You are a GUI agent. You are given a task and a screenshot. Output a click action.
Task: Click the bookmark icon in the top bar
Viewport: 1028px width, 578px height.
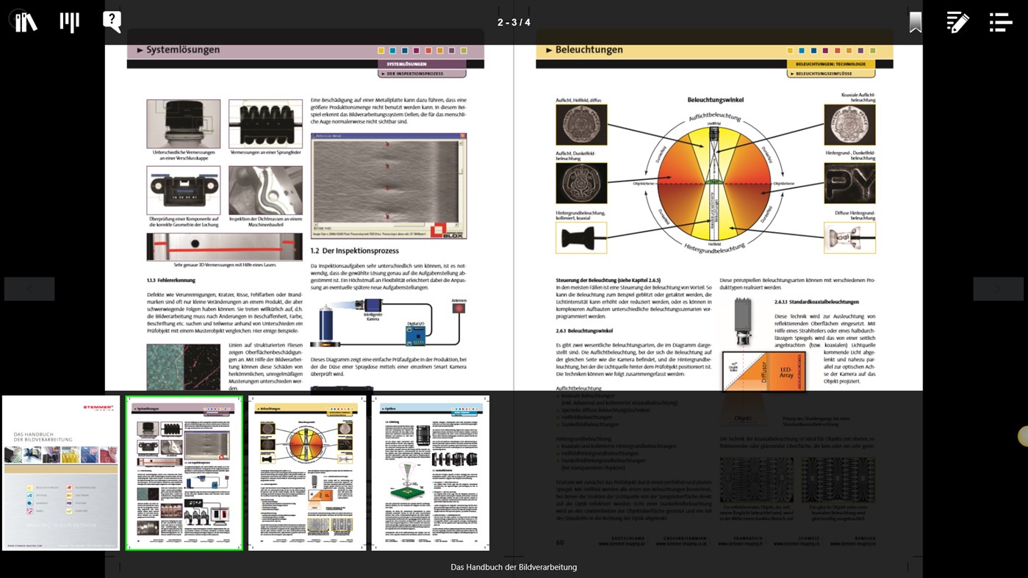point(915,22)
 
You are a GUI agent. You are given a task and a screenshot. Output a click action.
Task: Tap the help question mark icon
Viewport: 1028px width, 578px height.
point(112,21)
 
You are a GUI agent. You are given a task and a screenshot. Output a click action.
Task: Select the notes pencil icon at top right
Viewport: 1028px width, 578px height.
point(957,22)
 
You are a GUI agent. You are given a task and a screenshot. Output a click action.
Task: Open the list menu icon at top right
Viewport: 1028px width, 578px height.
point(1000,22)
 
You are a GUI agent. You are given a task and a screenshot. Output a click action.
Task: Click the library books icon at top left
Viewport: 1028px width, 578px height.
point(26,21)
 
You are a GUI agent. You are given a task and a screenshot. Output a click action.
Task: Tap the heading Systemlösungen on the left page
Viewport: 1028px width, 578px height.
point(183,50)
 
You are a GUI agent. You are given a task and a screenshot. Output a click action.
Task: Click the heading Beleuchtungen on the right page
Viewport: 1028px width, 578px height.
point(589,50)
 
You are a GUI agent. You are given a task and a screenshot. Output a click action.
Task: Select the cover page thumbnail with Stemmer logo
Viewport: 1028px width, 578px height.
point(61,472)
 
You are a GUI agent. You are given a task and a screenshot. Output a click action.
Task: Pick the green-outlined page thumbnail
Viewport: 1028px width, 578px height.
point(184,472)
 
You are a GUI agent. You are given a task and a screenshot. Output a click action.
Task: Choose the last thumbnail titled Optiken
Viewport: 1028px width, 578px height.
point(430,472)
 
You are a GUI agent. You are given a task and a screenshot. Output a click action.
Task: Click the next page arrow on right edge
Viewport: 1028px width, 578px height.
point(998,289)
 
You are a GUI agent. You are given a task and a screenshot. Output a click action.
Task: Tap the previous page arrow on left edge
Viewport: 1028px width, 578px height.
point(29,289)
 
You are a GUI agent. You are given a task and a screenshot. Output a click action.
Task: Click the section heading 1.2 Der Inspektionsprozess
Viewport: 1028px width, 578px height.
point(354,250)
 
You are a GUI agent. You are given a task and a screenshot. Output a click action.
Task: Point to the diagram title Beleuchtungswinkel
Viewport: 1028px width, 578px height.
point(715,99)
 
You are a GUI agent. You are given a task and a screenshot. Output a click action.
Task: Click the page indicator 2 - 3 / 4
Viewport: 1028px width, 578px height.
point(514,22)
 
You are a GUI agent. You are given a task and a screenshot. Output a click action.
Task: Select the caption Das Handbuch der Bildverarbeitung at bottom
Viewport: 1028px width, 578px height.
point(514,567)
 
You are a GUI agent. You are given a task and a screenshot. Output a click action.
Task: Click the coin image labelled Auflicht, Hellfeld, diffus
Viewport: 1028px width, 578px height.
point(581,125)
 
